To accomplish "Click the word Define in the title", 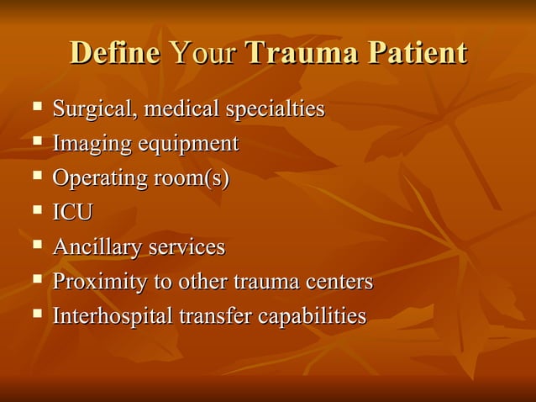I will (114, 53).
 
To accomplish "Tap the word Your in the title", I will (204, 53).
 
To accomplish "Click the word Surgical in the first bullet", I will (90, 109).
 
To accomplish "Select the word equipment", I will (188, 145).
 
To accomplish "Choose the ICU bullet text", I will (72, 213).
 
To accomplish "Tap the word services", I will (187, 247).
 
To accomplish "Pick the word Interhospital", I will (113, 316).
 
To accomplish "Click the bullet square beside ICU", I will (36, 211).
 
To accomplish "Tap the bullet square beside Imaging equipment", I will (36, 142).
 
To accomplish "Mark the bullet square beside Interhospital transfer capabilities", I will (36, 315).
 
